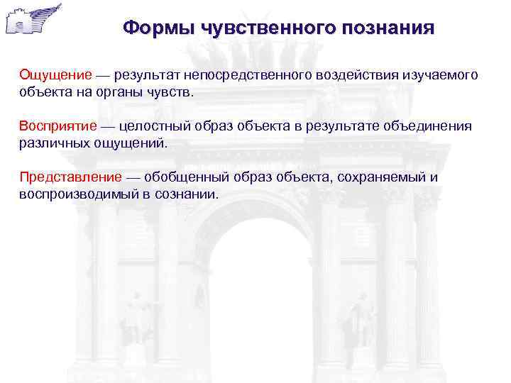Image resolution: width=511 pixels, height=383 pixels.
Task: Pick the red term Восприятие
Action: point(58,126)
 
